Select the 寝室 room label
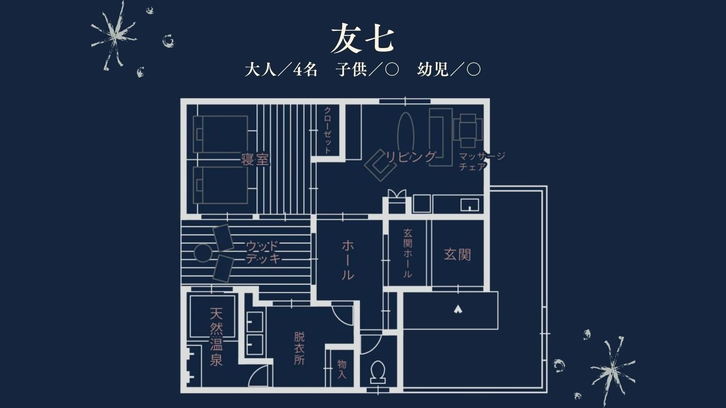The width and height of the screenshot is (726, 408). (x=255, y=160)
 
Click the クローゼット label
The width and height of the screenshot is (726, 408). (x=327, y=130)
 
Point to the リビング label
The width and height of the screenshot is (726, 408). (x=411, y=157)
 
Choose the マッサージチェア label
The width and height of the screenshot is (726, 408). (x=481, y=161)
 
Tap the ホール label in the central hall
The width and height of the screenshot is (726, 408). (x=348, y=260)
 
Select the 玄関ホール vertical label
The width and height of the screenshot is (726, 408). (x=407, y=253)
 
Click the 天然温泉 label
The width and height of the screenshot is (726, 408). (x=216, y=337)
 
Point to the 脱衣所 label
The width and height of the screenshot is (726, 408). (x=299, y=348)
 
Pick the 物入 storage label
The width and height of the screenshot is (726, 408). (x=342, y=369)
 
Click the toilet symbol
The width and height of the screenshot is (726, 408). (x=378, y=371)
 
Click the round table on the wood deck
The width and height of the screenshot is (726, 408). (x=203, y=253)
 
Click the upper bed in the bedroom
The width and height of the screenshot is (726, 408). (x=221, y=134)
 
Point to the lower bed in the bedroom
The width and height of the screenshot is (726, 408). (x=221, y=185)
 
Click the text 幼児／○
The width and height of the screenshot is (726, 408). (x=448, y=70)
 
